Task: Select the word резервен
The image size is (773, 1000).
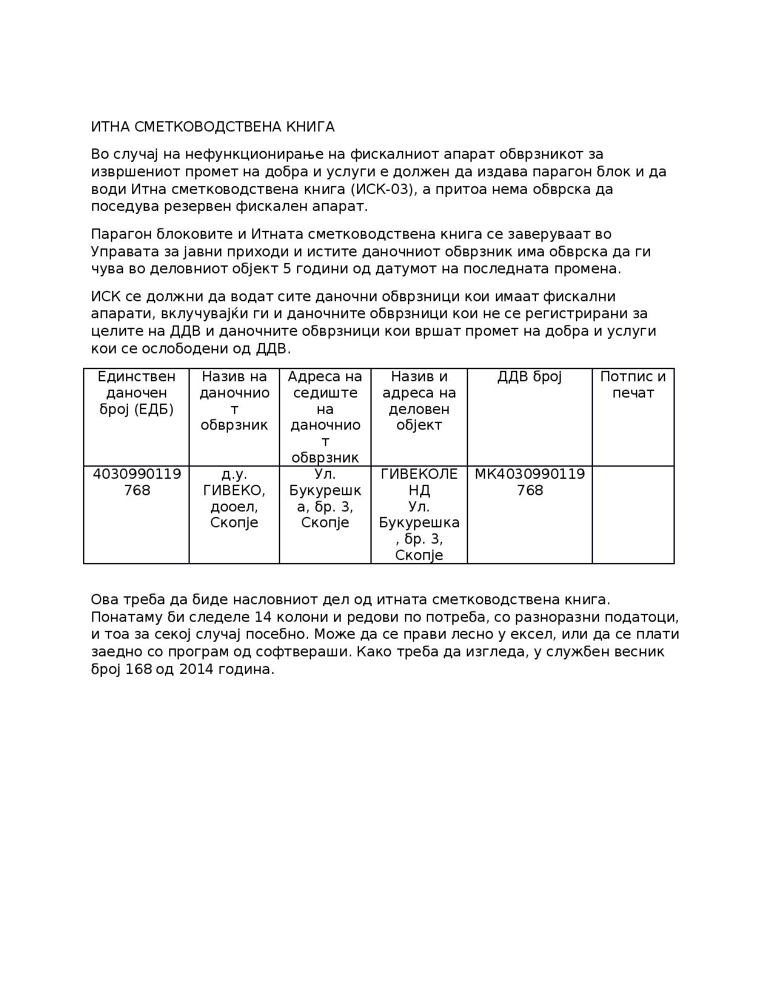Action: pos(200,206)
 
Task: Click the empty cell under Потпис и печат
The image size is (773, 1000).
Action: pos(632,515)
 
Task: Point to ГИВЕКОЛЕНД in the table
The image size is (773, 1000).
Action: pos(419,482)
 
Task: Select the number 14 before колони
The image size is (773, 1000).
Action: pos(265,617)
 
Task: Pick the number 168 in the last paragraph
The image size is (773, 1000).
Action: pos(139,670)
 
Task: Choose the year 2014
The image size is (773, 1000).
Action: pos(195,670)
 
